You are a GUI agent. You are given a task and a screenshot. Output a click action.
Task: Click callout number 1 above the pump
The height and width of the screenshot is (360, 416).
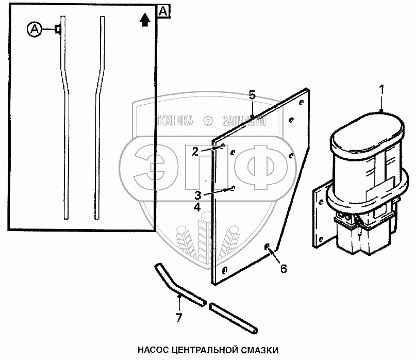(382, 89)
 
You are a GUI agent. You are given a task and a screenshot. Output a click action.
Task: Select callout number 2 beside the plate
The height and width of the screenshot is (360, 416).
(195, 151)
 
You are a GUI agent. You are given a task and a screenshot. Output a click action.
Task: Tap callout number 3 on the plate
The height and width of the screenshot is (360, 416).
(197, 194)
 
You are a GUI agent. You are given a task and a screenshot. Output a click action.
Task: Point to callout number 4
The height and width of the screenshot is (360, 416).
(197, 207)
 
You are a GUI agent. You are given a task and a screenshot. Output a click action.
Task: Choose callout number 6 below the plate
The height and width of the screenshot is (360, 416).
(283, 269)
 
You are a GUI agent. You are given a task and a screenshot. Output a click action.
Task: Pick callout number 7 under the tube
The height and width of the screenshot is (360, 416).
(178, 318)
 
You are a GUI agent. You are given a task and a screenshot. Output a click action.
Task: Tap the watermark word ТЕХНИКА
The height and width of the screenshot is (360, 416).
(174, 122)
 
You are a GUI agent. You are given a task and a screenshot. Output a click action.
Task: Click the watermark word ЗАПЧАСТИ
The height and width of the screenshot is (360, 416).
(243, 122)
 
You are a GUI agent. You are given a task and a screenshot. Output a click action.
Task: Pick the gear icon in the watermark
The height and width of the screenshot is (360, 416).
(208, 122)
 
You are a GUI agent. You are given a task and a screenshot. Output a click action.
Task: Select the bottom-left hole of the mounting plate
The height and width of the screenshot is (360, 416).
(224, 270)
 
